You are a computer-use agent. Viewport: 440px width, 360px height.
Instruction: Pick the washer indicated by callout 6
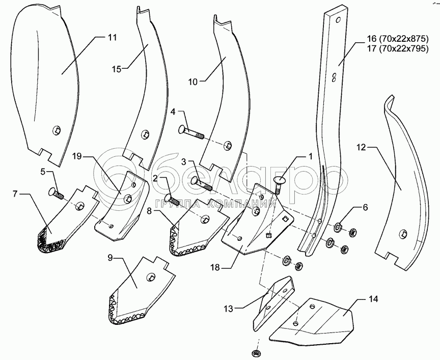tap(338, 226)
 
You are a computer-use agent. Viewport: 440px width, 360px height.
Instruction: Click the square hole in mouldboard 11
tap(57, 130)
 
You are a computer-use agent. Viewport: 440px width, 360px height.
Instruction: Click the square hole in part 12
tap(403, 233)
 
